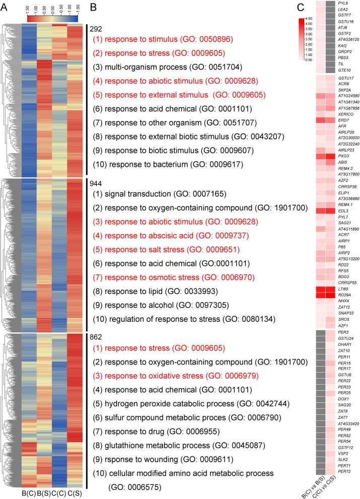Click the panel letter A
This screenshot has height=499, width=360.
(x=4, y=7)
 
